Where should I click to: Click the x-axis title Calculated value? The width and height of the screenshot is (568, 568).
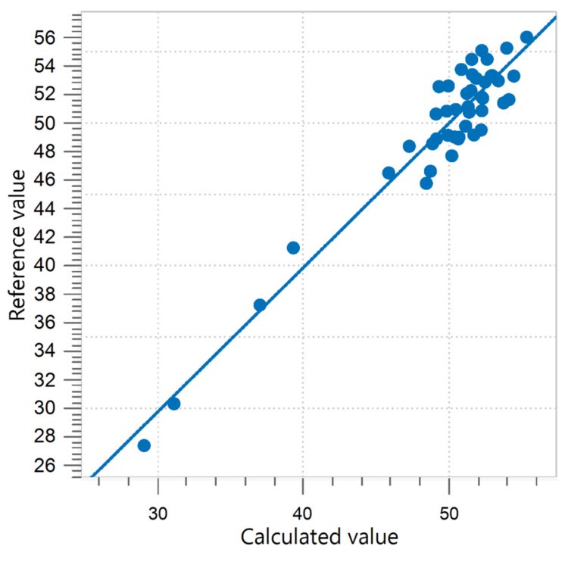pos(319,537)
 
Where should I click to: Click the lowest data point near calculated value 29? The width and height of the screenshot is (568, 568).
pos(144,445)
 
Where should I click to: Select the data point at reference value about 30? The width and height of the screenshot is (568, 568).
pos(173,404)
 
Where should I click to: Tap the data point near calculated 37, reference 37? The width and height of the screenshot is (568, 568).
pos(260,305)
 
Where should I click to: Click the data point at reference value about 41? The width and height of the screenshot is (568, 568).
pos(293,248)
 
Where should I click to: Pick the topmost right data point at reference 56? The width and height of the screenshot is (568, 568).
pos(527,37)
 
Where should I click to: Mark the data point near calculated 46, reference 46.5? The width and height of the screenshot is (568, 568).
pos(389,173)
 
